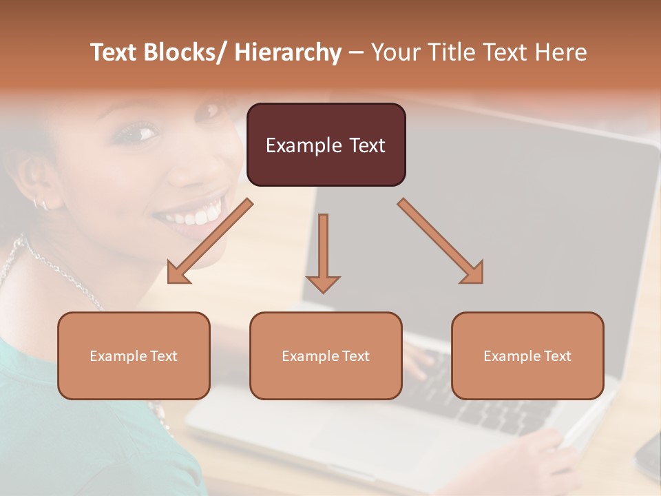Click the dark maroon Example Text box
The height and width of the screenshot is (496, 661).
tap(326, 145)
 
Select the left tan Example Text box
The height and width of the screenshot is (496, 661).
tap(134, 355)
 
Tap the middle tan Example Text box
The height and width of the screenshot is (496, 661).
tap(326, 355)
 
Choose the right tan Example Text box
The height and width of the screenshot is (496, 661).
tap(527, 355)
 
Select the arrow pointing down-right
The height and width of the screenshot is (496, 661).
tap(441, 241)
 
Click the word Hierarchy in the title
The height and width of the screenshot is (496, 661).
tap(288, 52)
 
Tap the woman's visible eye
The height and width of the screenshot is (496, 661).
tap(140, 132)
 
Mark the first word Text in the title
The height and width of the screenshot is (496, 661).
tap(114, 52)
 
